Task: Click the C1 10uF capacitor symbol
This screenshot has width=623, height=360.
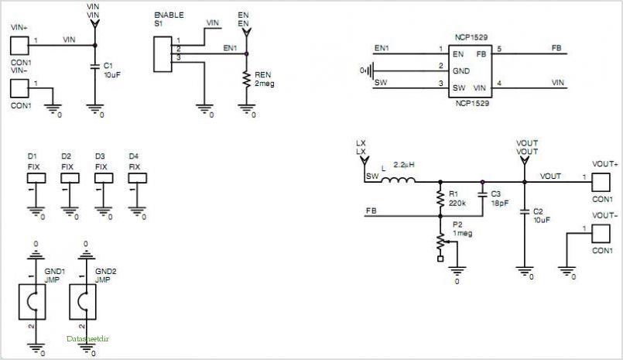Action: tap(94, 66)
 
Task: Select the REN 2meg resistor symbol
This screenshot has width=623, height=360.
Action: tap(246, 79)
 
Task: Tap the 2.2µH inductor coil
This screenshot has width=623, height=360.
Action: tap(398, 180)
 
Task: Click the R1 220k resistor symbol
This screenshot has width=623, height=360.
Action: tap(440, 198)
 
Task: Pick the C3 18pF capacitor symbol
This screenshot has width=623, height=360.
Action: tap(483, 194)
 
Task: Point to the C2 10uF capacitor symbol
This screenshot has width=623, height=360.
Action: tap(525, 211)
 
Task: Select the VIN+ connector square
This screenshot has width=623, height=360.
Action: tap(19, 46)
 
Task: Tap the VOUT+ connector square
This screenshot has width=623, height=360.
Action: tap(601, 183)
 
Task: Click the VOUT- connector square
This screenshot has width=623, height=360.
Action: tap(601, 234)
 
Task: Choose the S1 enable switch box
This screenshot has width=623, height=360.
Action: tap(163, 54)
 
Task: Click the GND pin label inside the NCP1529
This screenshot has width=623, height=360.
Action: tap(461, 71)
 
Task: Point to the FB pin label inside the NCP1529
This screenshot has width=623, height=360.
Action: tap(481, 54)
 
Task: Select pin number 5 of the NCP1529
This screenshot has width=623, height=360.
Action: tap(499, 49)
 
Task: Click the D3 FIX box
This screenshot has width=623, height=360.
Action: tap(104, 178)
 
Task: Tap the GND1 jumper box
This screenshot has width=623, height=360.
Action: tap(33, 302)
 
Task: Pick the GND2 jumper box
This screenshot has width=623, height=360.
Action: tap(83, 302)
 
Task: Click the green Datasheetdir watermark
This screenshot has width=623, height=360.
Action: tap(87, 339)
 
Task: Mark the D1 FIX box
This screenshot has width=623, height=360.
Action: tap(36, 178)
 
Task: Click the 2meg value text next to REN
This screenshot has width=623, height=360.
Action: tap(265, 84)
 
